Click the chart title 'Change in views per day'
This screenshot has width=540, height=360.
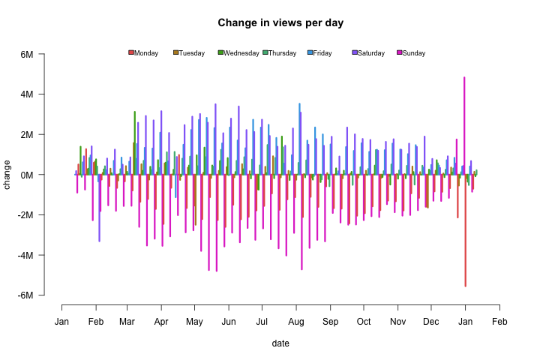click(x=280, y=22)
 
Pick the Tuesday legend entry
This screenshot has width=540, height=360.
click(x=189, y=53)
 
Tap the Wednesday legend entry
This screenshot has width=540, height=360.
click(x=238, y=53)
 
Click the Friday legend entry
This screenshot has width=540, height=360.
click(x=320, y=53)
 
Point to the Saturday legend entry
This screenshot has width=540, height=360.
click(x=368, y=53)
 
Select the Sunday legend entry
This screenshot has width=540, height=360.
click(x=411, y=53)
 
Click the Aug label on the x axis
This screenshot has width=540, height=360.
click(x=296, y=322)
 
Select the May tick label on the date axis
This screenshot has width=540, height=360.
click(x=194, y=322)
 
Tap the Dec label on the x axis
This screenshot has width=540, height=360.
click(x=430, y=322)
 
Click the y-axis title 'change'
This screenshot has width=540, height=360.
click(x=8, y=175)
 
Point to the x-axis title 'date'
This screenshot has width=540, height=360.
click(x=280, y=343)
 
